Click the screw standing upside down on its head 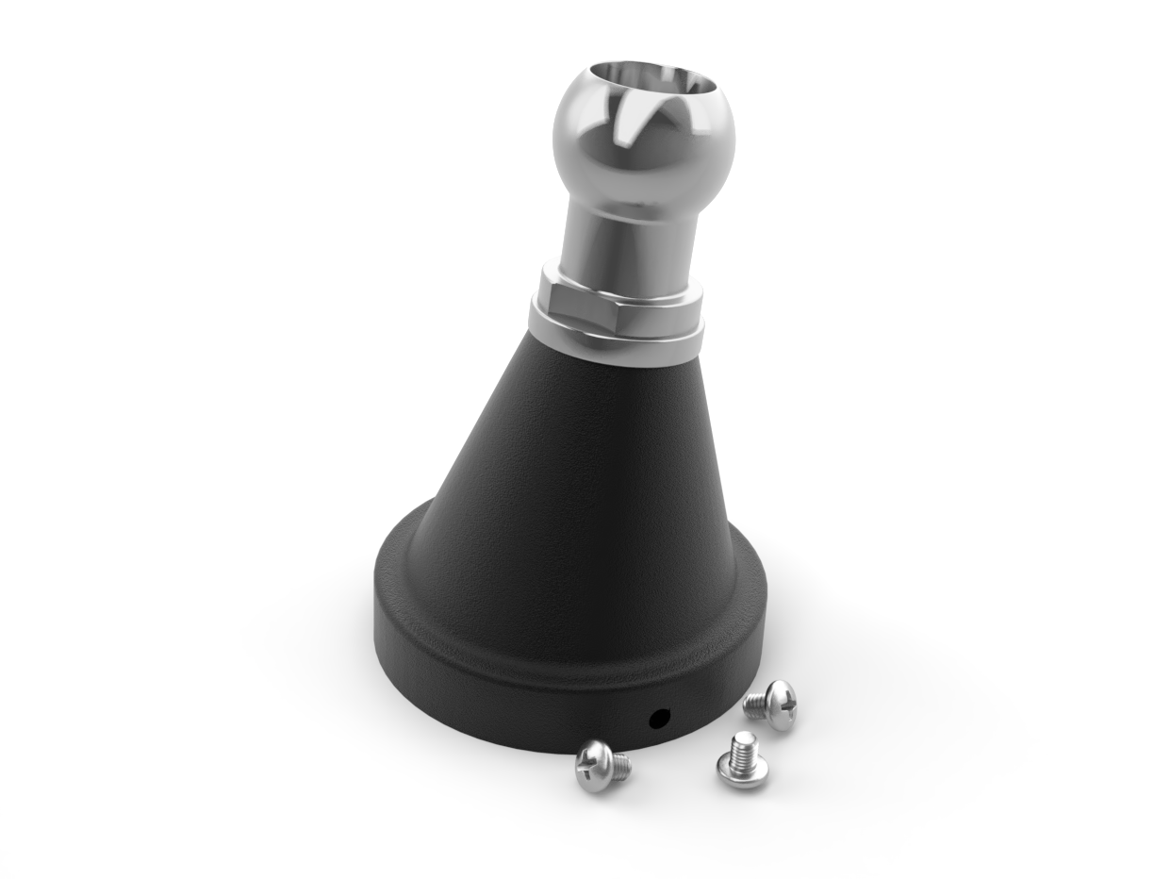pos(742,759)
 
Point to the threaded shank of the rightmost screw pos(757,705)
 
